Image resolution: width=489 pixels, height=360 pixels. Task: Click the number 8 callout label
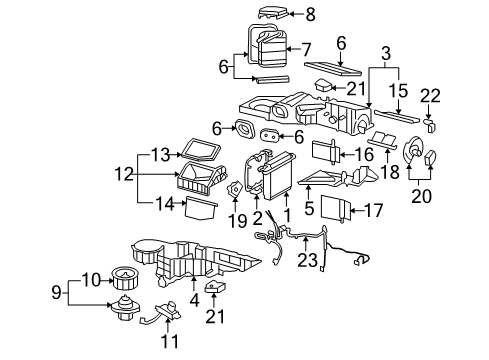pos(311,14)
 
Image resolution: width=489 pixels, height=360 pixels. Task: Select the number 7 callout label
pos(307,47)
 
